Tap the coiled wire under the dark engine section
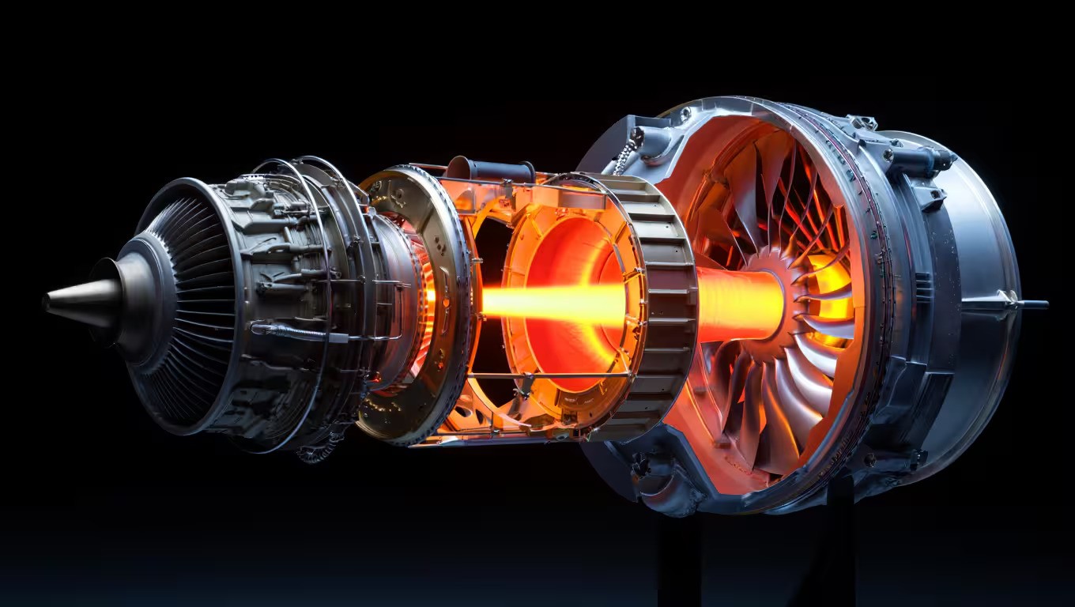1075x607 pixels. point(316,454)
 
